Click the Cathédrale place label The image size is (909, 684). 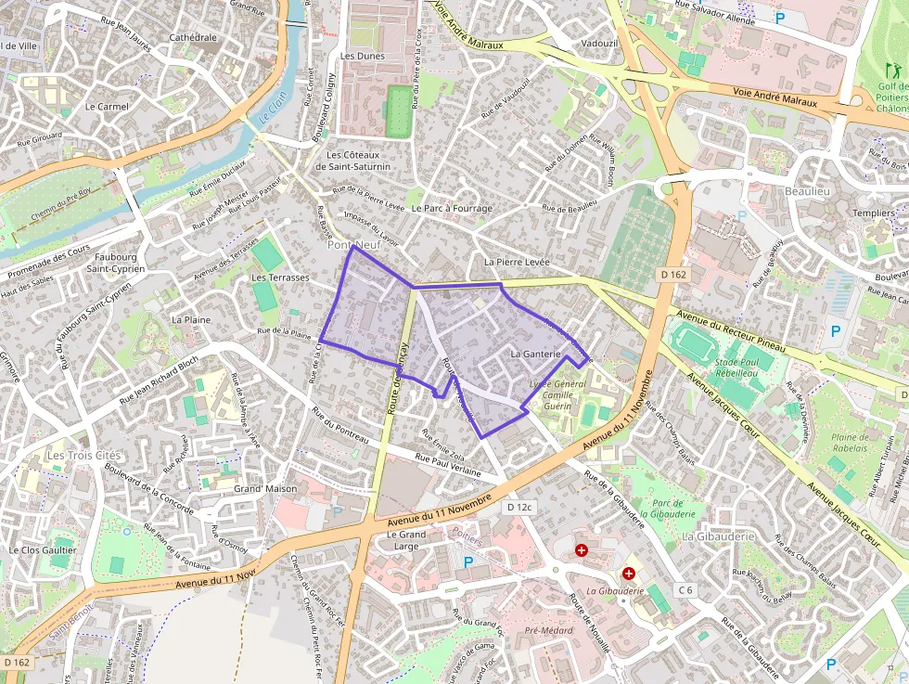[193, 38]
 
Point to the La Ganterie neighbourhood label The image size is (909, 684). [536, 354]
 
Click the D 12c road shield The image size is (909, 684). [519, 507]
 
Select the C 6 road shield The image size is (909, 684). [685, 589]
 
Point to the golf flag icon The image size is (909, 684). [892, 70]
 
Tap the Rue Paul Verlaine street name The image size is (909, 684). [448, 465]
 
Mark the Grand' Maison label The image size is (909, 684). [265, 488]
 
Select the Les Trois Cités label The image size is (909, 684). [83, 456]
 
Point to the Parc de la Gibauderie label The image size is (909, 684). [667, 508]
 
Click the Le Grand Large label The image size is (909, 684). [407, 540]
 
